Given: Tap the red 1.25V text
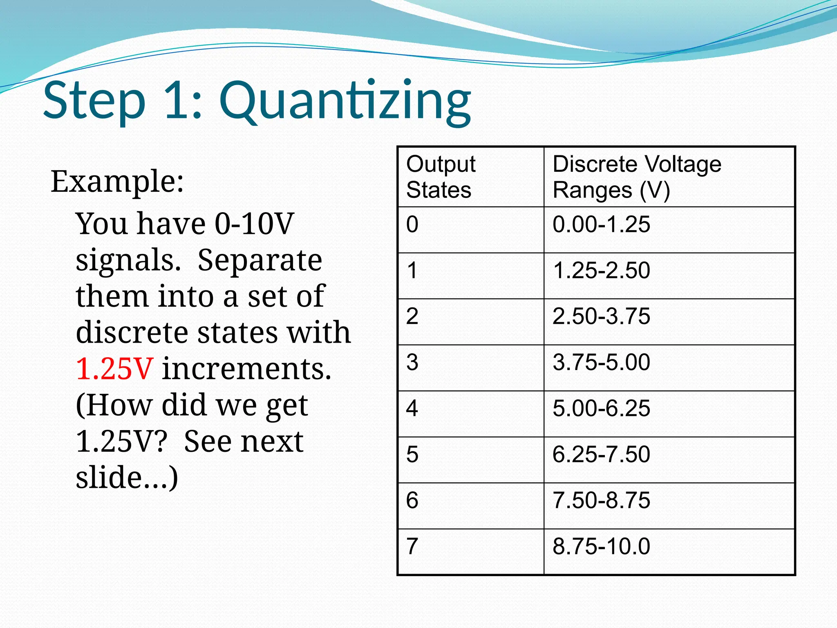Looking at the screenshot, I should [x=114, y=369].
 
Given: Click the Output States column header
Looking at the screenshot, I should [x=441, y=177].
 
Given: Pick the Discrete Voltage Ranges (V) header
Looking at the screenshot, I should [x=637, y=177].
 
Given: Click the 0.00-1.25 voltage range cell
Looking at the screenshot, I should [x=601, y=224].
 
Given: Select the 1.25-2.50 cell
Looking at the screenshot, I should [x=601, y=271].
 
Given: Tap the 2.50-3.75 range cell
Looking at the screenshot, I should [x=601, y=316].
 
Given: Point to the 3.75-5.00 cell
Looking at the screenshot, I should [x=601, y=362].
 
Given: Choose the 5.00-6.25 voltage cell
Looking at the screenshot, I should [x=601, y=408].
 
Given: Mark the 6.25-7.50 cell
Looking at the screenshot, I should [x=601, y=454].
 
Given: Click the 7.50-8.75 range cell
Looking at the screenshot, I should [x=601, y=500].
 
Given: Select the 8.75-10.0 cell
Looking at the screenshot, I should [x=601, y=546].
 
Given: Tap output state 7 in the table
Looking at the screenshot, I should [x=412, y=546].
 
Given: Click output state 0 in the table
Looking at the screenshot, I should [x=412, y=224].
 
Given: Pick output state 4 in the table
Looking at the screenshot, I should [x=412, y=408].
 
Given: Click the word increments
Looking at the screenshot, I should [x=246, y=369].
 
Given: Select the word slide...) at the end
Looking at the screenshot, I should [x=127, y=477].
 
